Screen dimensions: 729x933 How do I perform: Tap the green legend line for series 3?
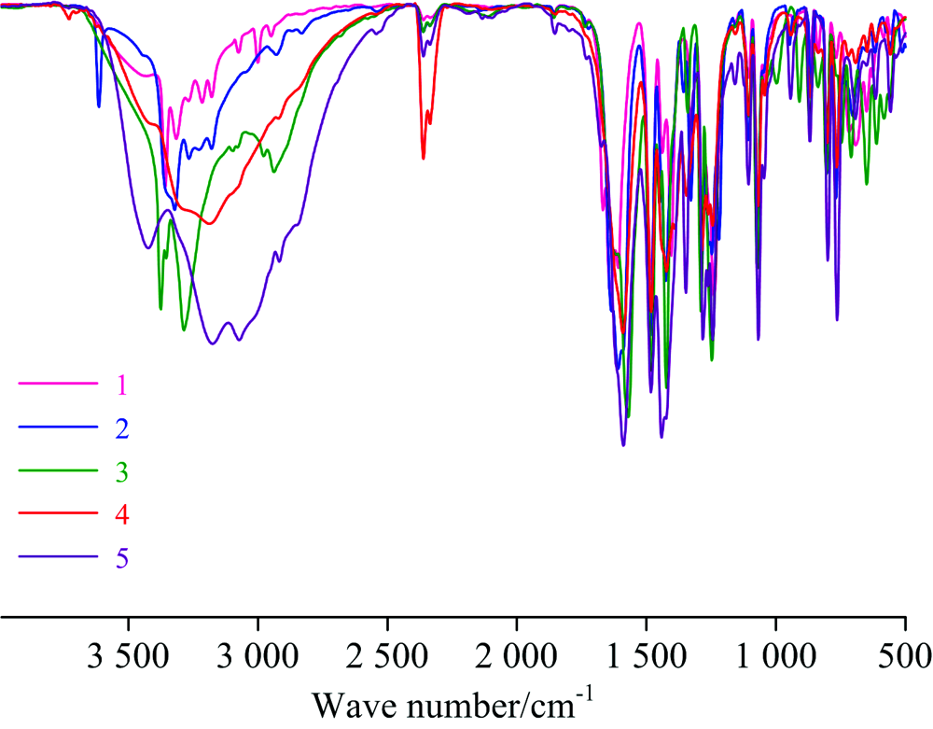tap(58, 470)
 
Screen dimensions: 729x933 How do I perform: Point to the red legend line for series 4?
tap(58, 513)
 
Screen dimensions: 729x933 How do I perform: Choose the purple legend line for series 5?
tap(58, 557)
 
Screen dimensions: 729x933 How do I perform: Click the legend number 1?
tap(122, 385)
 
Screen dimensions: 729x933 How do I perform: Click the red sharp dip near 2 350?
tap(423, 157)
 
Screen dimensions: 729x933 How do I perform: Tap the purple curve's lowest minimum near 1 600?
tap(623, 444)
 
